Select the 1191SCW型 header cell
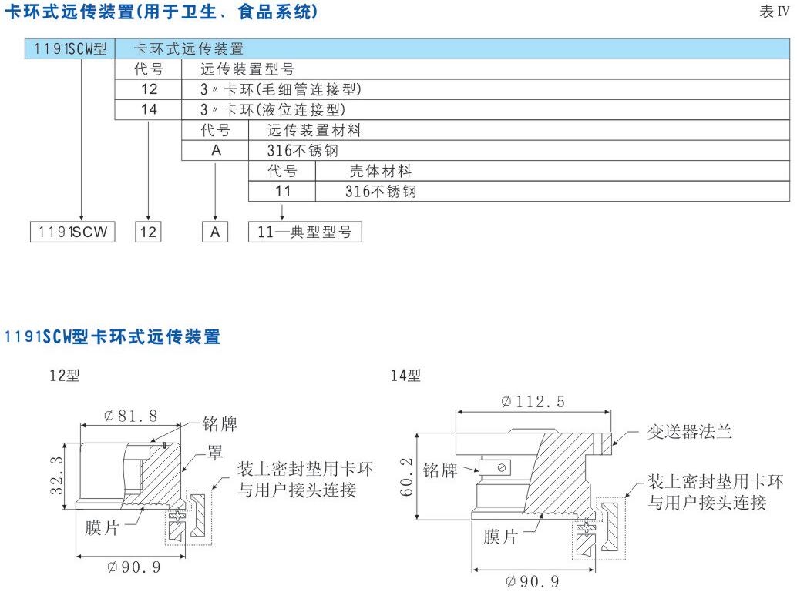click(x=69, y=49)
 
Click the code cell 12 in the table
click(x=149, y=89)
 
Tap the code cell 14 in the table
click(x=149, y=109)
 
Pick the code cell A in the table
click(x=216, y=150)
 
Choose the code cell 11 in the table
click(x=282, y=191)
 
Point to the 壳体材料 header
click(x=381, y=171)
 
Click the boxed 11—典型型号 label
click(x=304, y=232)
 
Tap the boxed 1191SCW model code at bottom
click(x=71, y=232)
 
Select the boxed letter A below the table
click(x=216, y=232)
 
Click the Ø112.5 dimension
click(x=533, y=402)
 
